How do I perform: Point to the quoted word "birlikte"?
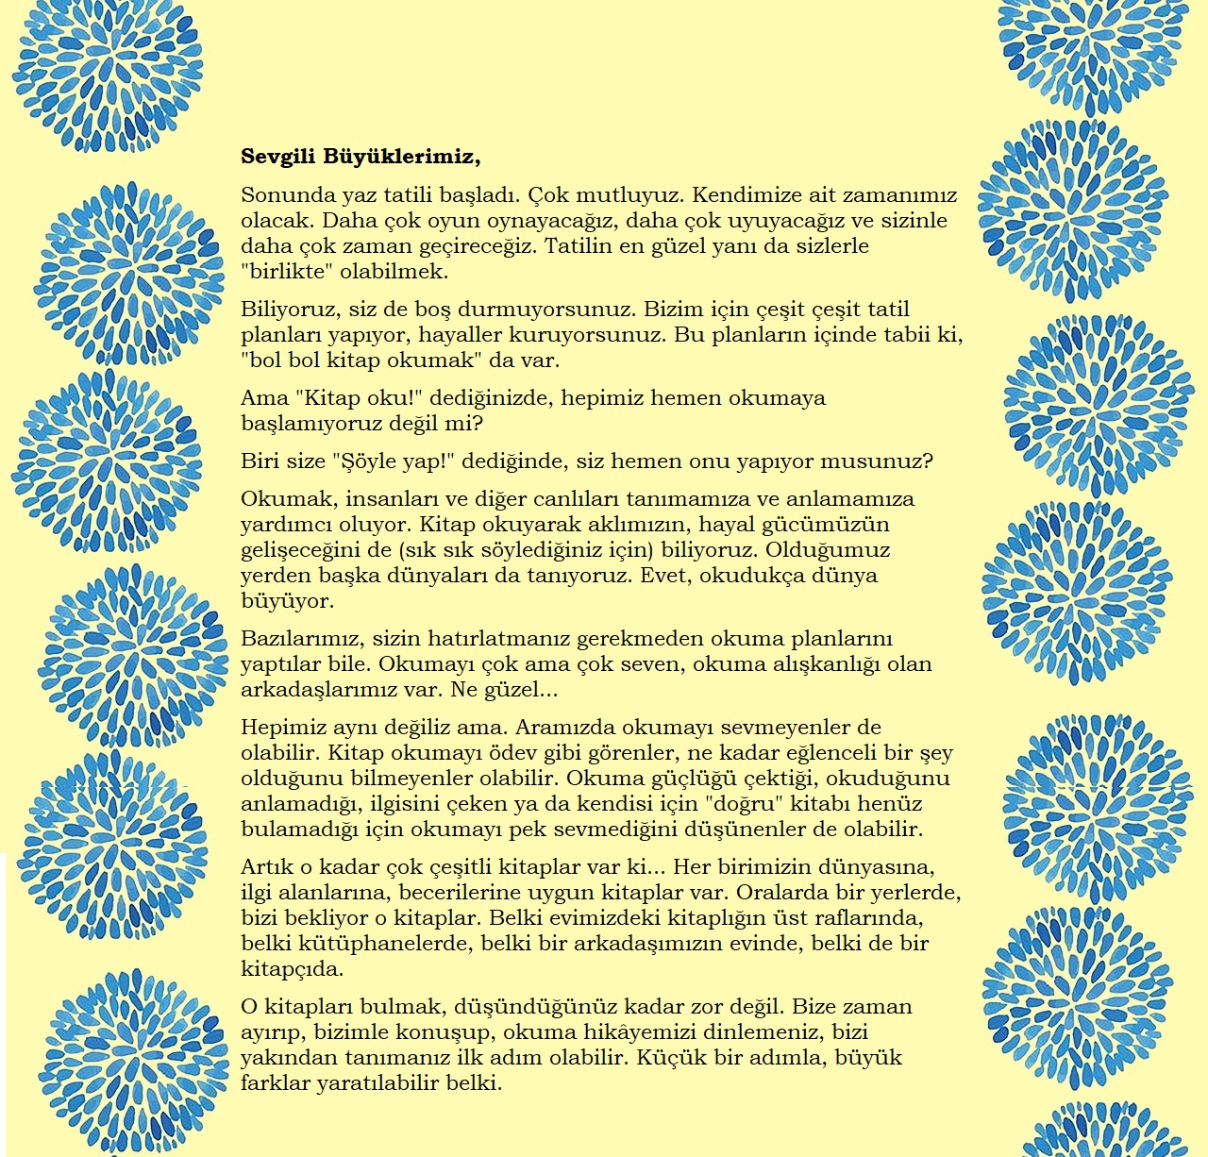(287, 272)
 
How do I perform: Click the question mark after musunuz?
(928, 461)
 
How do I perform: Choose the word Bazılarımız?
(302, 639)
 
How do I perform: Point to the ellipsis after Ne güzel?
(546, 690)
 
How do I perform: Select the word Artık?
(267, 867)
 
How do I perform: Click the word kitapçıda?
(291, 969)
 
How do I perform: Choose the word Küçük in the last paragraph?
(668, 1058)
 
